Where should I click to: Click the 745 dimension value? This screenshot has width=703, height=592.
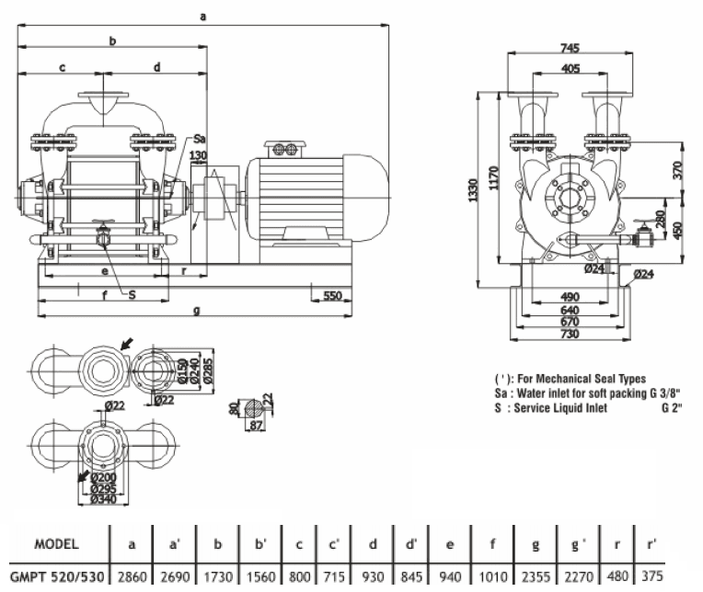pyautogui.click(x=570, y=48)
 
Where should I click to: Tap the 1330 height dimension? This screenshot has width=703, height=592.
pyautogui.click(x=472, y=190)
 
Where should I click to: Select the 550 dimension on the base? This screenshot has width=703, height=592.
pyautogui.click(x=332, y=296)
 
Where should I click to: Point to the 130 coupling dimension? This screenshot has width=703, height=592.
pyautogui.click(x=198, y=155)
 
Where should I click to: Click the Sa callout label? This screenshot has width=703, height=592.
pyautogui.click(x=199, y=139)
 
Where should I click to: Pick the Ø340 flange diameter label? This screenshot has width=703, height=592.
pyautogui.click(x=103, y=499)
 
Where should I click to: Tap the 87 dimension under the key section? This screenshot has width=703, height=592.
pyautogui.click(x=256, y=426)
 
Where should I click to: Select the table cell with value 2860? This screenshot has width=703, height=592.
pyautogui.click(x=132, y=576)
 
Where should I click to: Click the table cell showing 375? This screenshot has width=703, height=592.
pyautogui.click(x=652, y=575)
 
